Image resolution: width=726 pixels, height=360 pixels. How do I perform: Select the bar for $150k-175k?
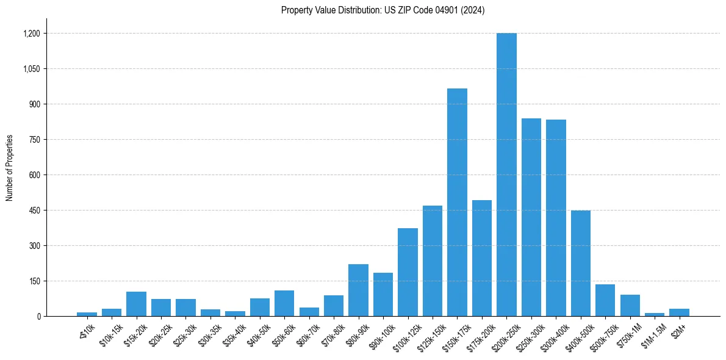(x=457, y=203)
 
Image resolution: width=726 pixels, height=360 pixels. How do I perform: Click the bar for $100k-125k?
(x=408, y=272)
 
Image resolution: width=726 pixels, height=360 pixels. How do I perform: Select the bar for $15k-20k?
(x=136, y=304)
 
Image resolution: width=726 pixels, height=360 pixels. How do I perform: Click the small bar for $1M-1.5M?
(x=655, y=314)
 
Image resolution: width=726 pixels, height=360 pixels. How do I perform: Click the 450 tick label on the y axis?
(x=34, y=211)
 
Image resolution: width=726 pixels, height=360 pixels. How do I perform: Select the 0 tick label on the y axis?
(x=38, y=317)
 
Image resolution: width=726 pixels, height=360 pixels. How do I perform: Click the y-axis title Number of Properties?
(x=9, y=168)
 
